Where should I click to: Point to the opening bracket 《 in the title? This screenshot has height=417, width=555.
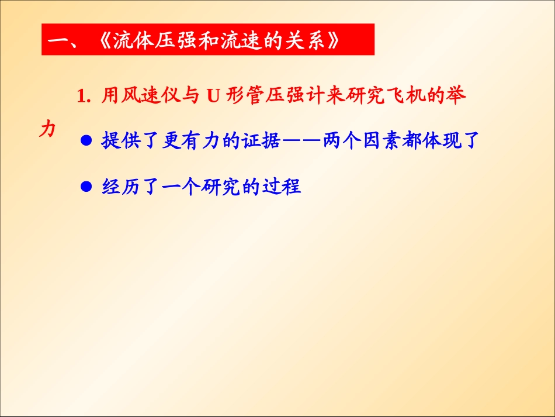pyautogui.click(x=100, y=42)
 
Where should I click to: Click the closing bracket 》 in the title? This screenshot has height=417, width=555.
pyautogui.click(x=333, y=42)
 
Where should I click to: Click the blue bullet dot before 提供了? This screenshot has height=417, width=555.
pyautogui.click(x=86, y=142)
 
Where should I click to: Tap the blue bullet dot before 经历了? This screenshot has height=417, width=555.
pyautogui.click(x=86, y=187)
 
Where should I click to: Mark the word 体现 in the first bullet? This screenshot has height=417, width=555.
pyautogui.click(x=441, y=141)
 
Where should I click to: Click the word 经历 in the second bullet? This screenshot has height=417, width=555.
pyautogui.click(x=122, y=187)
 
